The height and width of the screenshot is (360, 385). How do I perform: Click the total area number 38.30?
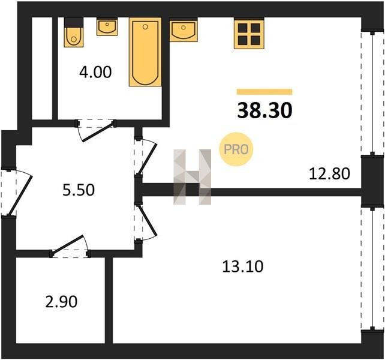pyautogui.click(x=264, y=110)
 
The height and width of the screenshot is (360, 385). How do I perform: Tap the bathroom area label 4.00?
pyautogui.click(x=95, y=72)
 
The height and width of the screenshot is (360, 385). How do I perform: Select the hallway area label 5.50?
pyautogui.click(x=79, y=190)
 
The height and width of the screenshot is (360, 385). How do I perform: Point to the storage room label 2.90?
pyautogui.click(x=61, y=302)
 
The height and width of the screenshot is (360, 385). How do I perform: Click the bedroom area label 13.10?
pyautogui.click(x=243, y=266)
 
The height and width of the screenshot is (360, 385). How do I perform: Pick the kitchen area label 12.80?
pyautogui.click(x=329, y=173)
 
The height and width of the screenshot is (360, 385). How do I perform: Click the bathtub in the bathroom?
pyautogui.click(x=145, y=52)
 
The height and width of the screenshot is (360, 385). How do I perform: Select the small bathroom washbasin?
pyautogui.click(x=107, y=27)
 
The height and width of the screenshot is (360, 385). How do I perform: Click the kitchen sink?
pyautogui.click(x=184, y=30)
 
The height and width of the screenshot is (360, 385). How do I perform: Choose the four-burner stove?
pyautogui.click(x=249, y=34)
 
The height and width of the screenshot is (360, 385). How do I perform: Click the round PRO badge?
pyautogui.click(x=236, y=149)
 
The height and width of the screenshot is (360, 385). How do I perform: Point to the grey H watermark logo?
pyautogui.click(x=192, y=177)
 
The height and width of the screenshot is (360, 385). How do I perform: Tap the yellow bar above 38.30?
pyautogui.click(x=264, y=92)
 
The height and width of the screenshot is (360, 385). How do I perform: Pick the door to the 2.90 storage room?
pyautogui.click(x=70, y=247)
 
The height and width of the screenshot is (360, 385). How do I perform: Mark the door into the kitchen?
pyautogui.click(x=146, y=158)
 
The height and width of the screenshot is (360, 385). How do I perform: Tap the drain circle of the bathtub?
pyautogui.click(x=145, y=27)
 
